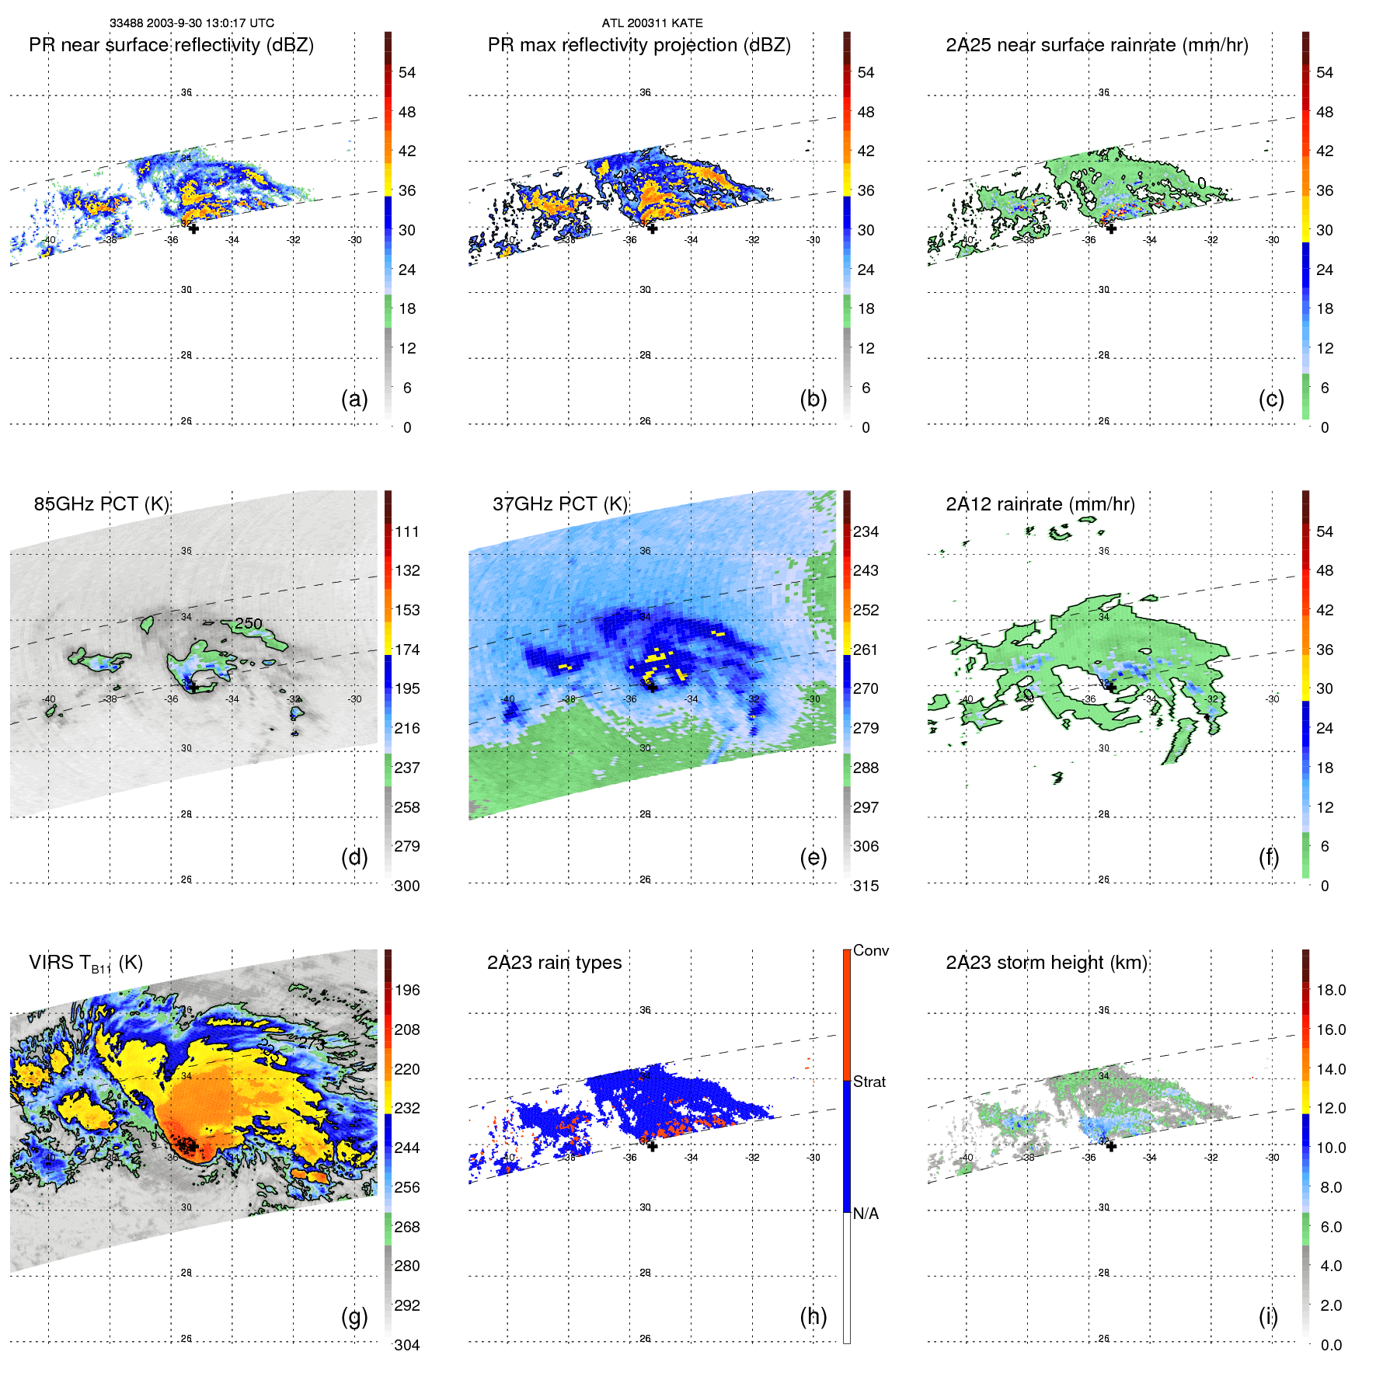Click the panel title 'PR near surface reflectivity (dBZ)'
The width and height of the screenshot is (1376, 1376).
(171, 45)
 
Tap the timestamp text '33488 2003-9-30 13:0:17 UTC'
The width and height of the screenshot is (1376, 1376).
(191, 23)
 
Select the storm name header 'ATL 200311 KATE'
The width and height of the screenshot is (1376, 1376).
(652, 23)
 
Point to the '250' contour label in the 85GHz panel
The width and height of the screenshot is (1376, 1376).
(249, 623)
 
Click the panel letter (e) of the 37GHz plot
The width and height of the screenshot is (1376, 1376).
(813, 857)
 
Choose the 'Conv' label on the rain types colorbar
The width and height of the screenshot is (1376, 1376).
(870, 950)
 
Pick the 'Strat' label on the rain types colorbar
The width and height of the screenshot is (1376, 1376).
(869, 1082)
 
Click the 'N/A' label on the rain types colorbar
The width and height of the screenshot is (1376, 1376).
(866, 1214)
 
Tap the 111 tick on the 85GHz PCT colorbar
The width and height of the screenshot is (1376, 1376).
(406, 531)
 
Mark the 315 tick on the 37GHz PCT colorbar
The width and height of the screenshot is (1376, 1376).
(866, 886)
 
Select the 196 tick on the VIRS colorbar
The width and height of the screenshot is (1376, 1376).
(406, 990)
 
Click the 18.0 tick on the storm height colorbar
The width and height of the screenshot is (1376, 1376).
(1331, 990)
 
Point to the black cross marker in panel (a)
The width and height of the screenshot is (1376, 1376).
(193, 228)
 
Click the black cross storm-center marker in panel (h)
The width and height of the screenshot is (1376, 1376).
(653, 1146)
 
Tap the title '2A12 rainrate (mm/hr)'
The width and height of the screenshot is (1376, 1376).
(1040, 504)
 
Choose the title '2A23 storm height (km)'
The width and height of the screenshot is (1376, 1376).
(1046, 963)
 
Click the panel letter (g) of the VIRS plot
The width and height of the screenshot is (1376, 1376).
(354, 1316)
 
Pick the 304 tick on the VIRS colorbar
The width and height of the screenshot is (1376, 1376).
(406, 1345)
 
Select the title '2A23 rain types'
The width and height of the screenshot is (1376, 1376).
(554, 963)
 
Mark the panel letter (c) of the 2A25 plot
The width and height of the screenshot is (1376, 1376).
(1271, 399)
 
